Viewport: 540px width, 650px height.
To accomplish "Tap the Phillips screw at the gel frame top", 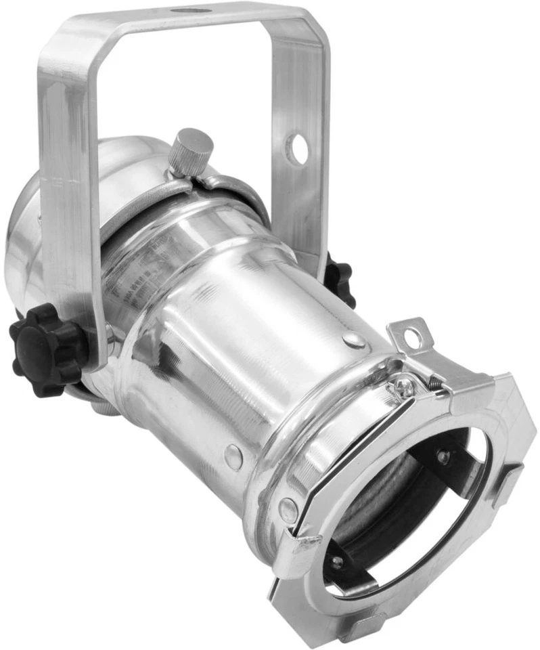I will click(x=404, y=387).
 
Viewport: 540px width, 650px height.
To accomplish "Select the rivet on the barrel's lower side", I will click(x=233, y=456).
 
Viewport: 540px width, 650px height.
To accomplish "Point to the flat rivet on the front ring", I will click(x=288, y=508).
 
